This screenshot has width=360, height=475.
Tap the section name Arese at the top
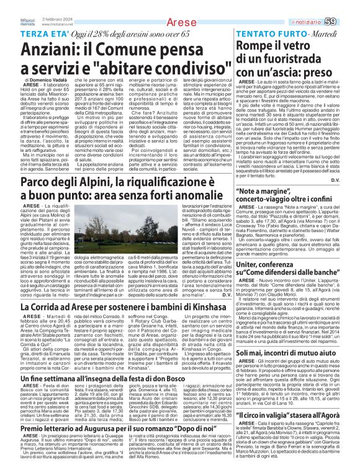[x=180, y=23]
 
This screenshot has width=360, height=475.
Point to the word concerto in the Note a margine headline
[x=256, y=228]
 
